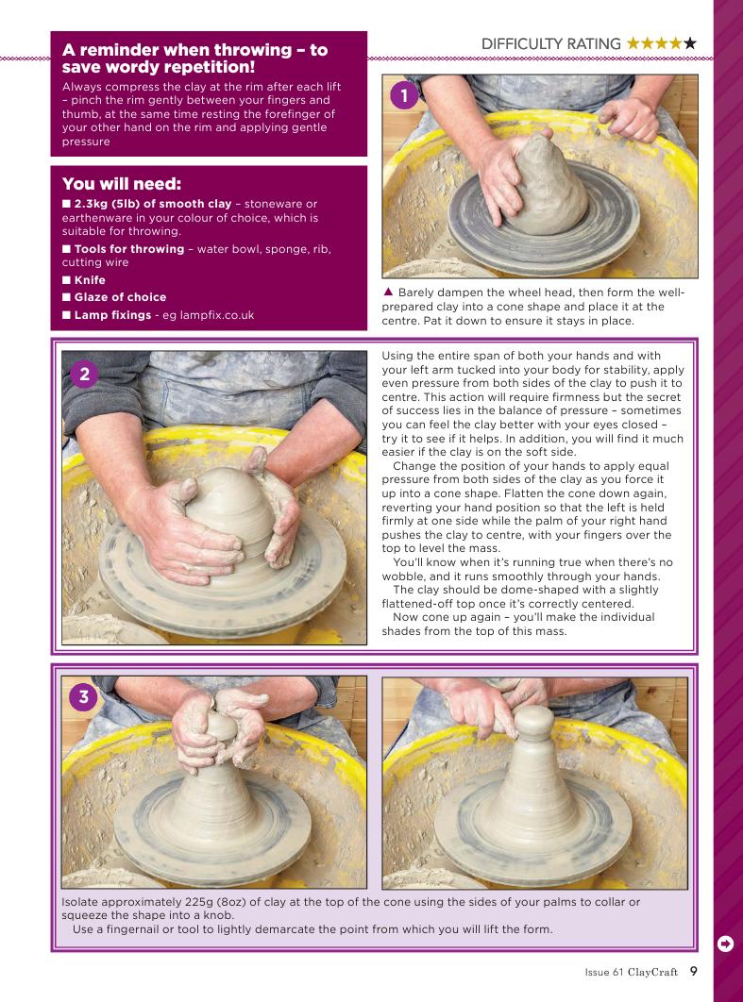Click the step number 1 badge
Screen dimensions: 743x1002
[x=404, y=96]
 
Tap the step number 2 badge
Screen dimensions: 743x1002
[x=84, y=375]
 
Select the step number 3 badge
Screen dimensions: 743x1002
[x=83, y=696]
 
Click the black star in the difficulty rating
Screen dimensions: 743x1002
[x=689, y=43]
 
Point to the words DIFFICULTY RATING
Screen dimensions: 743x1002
[x=550, y=44]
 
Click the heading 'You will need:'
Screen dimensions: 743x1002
[x=122, y=184]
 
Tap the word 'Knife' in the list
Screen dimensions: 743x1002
[x=90, y=280]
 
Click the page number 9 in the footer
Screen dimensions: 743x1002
[x=693, y=971]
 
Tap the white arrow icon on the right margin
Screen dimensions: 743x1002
[x=725, y=944]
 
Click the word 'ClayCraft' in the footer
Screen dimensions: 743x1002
[x=652, y=972]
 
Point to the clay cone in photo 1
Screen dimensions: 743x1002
[x=549, y=185]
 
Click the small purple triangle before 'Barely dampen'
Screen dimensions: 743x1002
[x=387, y=292]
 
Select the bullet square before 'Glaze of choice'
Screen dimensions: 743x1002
[x=66, y=297]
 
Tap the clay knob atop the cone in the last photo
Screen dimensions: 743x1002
[x=534, y=722]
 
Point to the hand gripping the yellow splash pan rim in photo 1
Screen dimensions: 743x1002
[x=629, y=119]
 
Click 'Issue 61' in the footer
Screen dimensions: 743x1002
[x=603, y=972]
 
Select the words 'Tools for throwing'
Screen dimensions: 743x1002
[x=129, y=249]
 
